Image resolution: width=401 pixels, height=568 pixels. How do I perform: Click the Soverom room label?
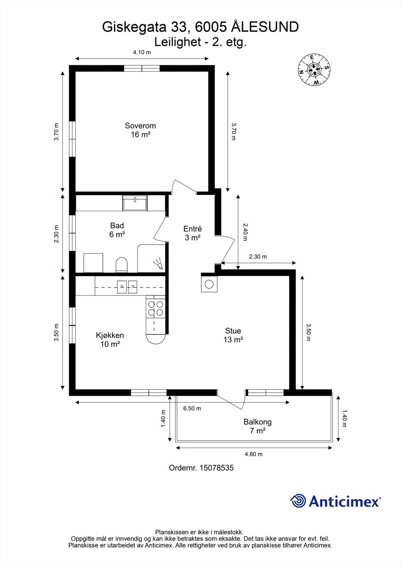[140, 126]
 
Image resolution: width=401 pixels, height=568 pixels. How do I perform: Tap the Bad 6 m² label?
[117, 230]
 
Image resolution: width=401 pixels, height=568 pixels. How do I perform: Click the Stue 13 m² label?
[233, 335]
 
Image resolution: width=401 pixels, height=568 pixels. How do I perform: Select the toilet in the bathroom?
[121, 264]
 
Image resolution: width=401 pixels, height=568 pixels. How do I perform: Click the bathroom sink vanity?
[135, 202]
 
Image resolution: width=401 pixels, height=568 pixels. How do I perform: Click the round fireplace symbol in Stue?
[209, 284]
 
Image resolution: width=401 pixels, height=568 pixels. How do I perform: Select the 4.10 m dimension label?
[142, 53]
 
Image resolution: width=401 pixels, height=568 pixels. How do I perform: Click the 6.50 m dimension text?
[192, 408]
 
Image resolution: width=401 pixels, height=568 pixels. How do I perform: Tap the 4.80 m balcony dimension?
[254, 454]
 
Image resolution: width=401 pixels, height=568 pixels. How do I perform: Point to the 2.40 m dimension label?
[245, 232]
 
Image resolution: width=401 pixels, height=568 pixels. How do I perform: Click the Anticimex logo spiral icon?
[298, 501]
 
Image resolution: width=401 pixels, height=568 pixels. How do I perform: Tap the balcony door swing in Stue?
[234, 401]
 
